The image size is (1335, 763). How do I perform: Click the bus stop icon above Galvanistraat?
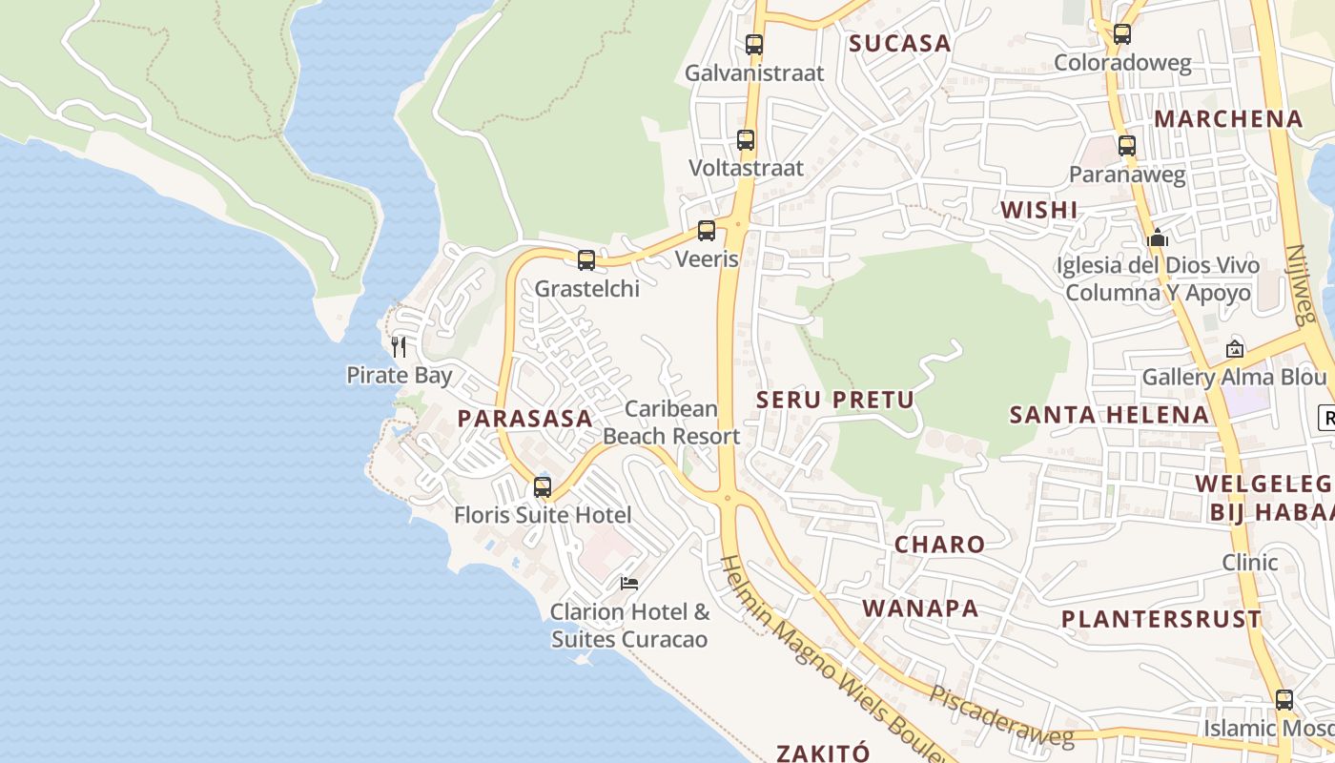[x=754, y=44]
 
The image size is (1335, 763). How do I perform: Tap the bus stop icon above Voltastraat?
[x=746, y=140]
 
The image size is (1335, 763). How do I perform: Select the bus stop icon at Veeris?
[x=707, y=230]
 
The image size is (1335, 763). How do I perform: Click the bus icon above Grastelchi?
[x=586, y=259]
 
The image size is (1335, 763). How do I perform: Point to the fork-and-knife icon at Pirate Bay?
[x=399, y=346]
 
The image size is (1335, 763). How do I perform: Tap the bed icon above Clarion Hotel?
[x=629, y=583]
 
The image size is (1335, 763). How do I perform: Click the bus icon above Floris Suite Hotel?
[x=543, y=486]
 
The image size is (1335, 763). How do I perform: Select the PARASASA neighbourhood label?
[x=524, y=418]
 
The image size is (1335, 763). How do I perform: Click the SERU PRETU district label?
[x=835, y=400]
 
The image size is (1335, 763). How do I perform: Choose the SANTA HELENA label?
[x=1109, y=414]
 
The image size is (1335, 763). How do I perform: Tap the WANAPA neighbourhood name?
[x=920, y=608]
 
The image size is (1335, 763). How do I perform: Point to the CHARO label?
[x=939, y=544]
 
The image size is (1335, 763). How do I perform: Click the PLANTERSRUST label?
[x=1161, y=618]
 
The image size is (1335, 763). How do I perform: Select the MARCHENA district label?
[x=1228, y=118]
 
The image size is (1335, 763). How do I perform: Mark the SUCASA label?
[x=900, y=43]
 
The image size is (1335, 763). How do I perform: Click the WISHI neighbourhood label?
[x=1038, y=210]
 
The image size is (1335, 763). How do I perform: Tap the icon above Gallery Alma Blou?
[x=1235, y=349]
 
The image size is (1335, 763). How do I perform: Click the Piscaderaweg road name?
[x=1001, y=716]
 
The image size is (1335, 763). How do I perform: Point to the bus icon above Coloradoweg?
[x=1122, y=34]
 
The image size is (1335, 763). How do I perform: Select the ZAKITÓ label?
[x=823, y=753]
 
